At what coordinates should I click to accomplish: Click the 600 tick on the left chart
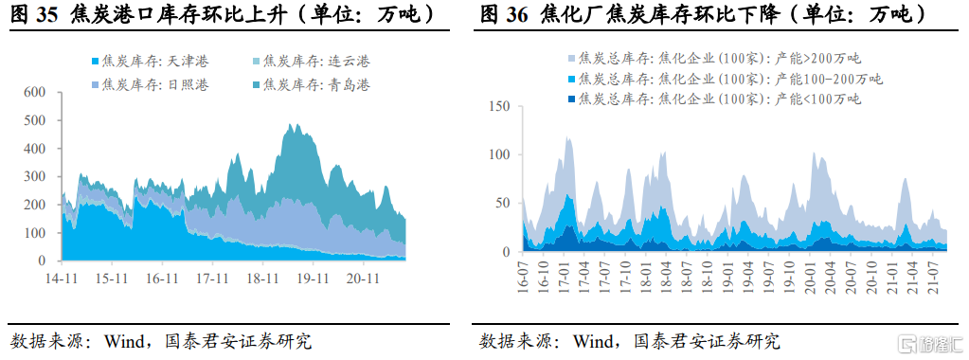point(35,92)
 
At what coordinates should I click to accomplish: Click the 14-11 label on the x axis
point(62,279)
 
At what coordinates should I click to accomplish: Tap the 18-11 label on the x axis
point(261,279)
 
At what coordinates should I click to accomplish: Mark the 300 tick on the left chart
point(35,176)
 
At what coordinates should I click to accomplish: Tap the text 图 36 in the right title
point(504,14)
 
